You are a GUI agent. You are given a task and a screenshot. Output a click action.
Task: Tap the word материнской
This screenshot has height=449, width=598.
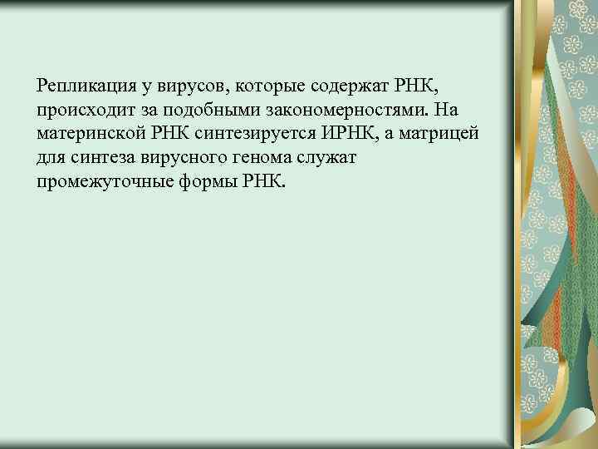86,134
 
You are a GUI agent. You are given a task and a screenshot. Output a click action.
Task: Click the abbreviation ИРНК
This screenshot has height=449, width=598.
340,134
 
